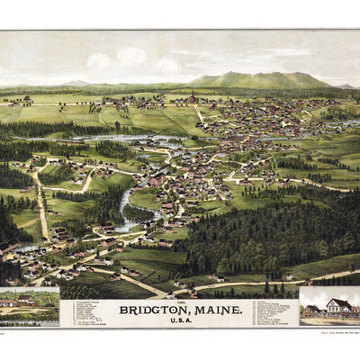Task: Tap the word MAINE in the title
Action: [x=220, y=310]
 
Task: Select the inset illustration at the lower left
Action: [x=29, y=306]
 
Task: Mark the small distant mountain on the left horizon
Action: [x=76, y=83]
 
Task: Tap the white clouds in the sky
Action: [x=126, y=58]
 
